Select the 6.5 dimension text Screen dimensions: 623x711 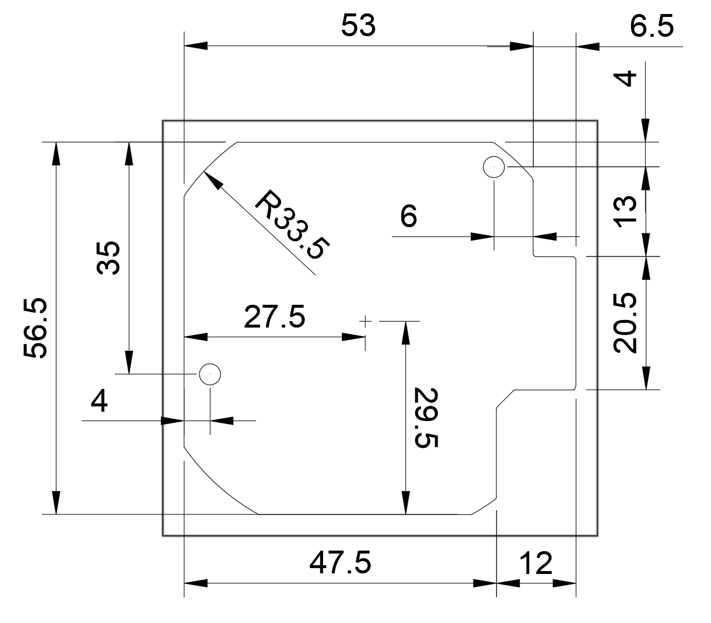coord(651,27)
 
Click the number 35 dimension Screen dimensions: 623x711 coord(109,257)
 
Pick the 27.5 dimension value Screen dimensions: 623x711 coord(274,317)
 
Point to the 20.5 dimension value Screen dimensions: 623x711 coord(625,323)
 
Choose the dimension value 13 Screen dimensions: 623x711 coord(625,211)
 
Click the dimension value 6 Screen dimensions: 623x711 coord(408,217)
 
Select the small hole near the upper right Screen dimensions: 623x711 coord(494,166)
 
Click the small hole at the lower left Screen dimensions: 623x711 coord(209,373)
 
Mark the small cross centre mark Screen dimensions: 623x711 coord(365,321)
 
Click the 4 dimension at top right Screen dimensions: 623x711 coord(625,78)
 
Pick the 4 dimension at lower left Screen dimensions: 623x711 coord(100,402)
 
